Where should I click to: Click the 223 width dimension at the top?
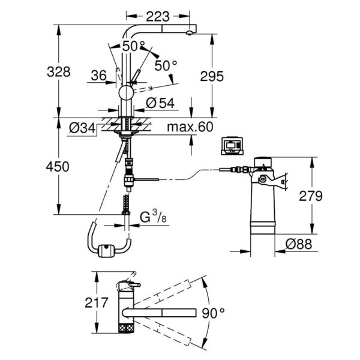pyautogui.click(x=157, y=17)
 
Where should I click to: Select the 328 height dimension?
pyautogui.click(x=59, y=71)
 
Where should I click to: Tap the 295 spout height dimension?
pyautogui.click(x=212, y=76)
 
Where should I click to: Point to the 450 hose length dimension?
pyautogui.click(x=58, y=166)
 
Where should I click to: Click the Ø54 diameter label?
pyautogui.click(x=160, y=103)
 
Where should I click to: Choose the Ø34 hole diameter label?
pyautogui.click(x=82, y=128)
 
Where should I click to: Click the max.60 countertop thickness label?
pyautogui.click(x=190, y=127)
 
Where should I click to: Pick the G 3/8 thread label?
pyautogui.click(x=153, y=217)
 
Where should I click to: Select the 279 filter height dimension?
pyautogui.click(x=311, y=196)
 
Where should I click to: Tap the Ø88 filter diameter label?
pyautogui.click(x=299, y=244)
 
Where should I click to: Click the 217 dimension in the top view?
pyautogui.click(x=97, y=302)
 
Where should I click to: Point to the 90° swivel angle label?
pyautogui.click(x=213, y=313)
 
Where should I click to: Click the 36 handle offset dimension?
pyautogui.click(x=99, y=76)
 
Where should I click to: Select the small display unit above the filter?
pyautogui.click(x=232, y=146)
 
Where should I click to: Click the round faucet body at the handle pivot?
pyautogui.click(x=126, y=93)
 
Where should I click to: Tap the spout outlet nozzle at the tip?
pyautogui.click(x=190, y=33)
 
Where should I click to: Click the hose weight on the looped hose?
pyautogui.click(x=106, y=251)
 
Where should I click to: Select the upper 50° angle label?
pyautogui.click(x=134, y=46)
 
